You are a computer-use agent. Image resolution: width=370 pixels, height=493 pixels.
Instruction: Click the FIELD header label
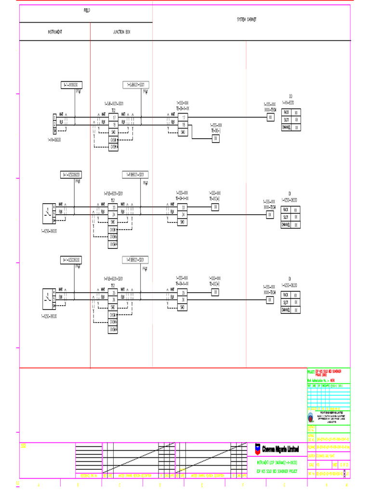[x=86, y=10]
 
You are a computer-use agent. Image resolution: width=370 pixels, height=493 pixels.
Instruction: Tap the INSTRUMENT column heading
[x=54, y=32]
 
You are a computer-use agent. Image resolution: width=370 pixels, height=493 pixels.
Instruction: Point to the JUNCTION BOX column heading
[x=121, y=32]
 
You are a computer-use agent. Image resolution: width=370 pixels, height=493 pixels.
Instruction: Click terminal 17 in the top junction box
[x=114, y=117]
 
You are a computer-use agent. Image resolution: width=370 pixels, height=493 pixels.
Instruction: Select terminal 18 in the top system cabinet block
[x=183, y=125]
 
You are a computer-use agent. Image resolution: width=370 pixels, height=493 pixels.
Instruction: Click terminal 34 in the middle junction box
[x=114, y=215]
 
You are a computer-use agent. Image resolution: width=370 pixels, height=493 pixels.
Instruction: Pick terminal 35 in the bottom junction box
[x=114, y=292]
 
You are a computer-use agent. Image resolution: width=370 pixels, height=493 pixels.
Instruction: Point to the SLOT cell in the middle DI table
[x=286, y=218]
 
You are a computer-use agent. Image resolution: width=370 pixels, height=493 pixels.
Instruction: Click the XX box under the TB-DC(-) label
[x=215, y=139]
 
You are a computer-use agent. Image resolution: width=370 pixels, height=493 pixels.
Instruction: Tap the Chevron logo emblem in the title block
[x=258, y=448]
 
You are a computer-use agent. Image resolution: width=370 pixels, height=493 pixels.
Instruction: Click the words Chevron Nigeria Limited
[x=280, y=449]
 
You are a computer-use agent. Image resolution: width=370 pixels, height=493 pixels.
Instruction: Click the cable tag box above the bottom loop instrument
[x=71, y=260]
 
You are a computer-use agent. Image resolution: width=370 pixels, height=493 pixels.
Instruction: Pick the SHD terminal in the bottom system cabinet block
[x=183, y=307]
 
